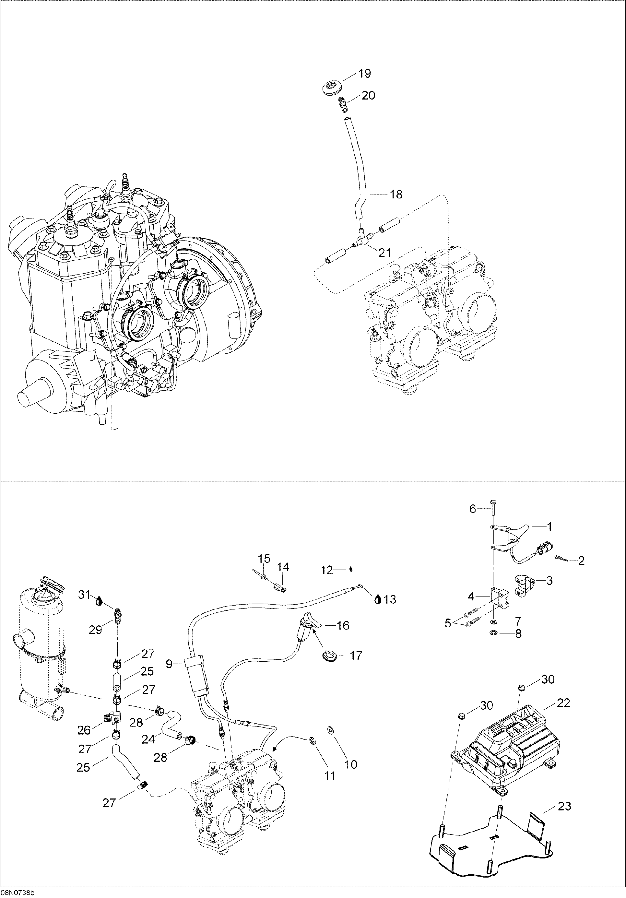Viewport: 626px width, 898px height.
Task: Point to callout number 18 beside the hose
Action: [396, 194]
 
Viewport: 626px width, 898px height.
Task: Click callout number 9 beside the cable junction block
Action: [169, 664]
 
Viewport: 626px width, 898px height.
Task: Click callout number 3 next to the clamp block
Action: [549, 581]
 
